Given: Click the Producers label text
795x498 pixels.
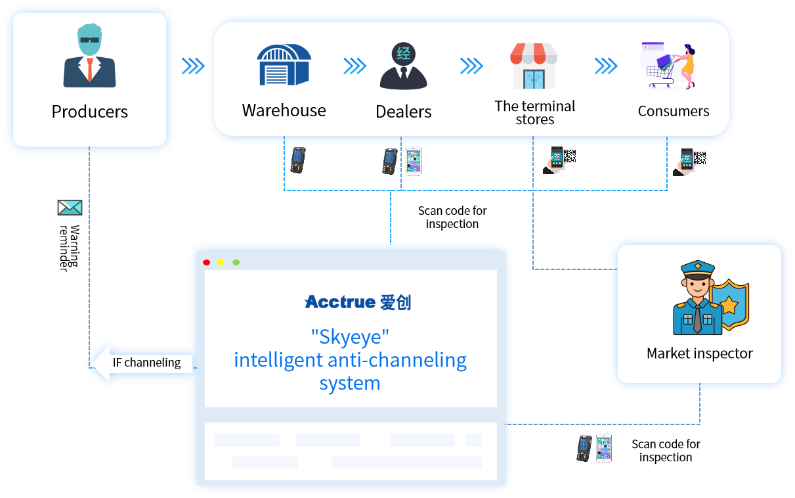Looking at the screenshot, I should pyautogui.click(x=90, y=112).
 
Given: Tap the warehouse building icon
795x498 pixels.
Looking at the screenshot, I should pyautogui.click(x=284, y=64).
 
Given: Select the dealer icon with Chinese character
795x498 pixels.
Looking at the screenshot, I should pyautogui.click(x=403, y=65).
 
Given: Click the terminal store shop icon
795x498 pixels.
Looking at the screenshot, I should pyautogui.click(x=534, y=66).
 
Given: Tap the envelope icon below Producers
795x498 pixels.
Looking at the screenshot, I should pyautogui.click(x=70, y=208).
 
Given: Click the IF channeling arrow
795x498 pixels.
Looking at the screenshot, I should pyautogui.click(x=140, y=362).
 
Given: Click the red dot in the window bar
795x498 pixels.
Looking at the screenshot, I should pyautogui.click(x=207, y=263).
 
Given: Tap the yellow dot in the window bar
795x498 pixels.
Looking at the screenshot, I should pyautogui.click(x=221, y=263).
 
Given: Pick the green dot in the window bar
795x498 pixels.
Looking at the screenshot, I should pyautogui.click(x=236, y=263).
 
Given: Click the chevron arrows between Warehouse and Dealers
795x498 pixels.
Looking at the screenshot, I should pyautogui.click(x=355, y=66).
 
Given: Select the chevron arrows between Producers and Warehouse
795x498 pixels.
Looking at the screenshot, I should pyautogui.click(x=193, y=66).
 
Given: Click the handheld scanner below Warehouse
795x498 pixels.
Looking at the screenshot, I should pyautogui.click(x=298, y=160).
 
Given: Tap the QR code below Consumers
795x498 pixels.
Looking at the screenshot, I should pyautogui.click(x=700, y=158).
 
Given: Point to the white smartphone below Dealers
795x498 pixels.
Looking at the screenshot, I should pyautogui.click(x=413, y=161).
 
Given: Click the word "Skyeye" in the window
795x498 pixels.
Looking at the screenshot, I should pyautogui.click(x=350, y=338).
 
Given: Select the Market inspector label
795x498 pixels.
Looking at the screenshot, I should pyautogui.click(x=699, y=353).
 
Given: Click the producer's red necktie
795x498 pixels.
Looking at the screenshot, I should pyautogui.click(x=90, y=69).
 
